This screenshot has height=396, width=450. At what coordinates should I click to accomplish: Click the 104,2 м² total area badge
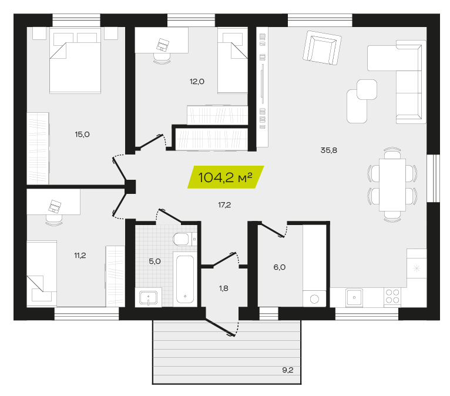pyautogui.click(x=226, y=177)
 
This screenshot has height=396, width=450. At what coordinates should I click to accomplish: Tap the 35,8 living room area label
pyautogui.click(x=328, y=150)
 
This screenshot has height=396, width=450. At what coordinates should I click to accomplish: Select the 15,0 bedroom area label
pyautogui.click(x=82, y=135)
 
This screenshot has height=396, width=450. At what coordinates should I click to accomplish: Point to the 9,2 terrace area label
pyautogui.click(x=287, y=370)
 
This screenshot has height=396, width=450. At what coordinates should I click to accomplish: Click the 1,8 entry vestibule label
pyautogui.click(x=224, y=288)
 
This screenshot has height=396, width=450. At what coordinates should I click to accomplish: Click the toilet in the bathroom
pyautogui.click(x=184, y=239)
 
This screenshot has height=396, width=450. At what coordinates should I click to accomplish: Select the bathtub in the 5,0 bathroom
pyautogui.click(x=185, y=279)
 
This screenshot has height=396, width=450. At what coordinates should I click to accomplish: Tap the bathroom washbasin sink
pyautogui.click(x=148, y=297)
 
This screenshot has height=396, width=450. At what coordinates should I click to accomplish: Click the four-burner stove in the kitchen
pyautogui.click(x=392, y=297)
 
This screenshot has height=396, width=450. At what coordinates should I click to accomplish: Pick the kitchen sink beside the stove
pyautogui.click(x=354, y=297)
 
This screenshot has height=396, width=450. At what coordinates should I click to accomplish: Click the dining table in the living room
pyautogui.click(x=392, y=185)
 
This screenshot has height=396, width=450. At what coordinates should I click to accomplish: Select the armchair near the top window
pyautogui.click(x=322, y=48)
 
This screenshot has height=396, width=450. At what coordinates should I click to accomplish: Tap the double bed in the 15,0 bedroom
pyautogui.click(x=75, y=61)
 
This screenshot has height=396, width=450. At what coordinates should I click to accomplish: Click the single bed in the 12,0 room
pyautogui.click(x=233, y=61)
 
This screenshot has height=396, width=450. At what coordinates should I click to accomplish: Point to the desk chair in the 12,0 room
pyautogui.click(x=162, y=58)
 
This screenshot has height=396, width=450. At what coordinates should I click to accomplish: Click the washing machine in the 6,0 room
pyautogui.click(x=314, y=298)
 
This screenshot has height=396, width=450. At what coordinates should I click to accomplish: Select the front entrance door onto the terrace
pyautogui.click(x=220, y=327)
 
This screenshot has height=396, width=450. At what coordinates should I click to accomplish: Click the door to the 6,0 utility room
pyautogui.click(x=271, y=230)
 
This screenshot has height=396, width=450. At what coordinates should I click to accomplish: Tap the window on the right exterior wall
pyautogui.click(x=433, y=178)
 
